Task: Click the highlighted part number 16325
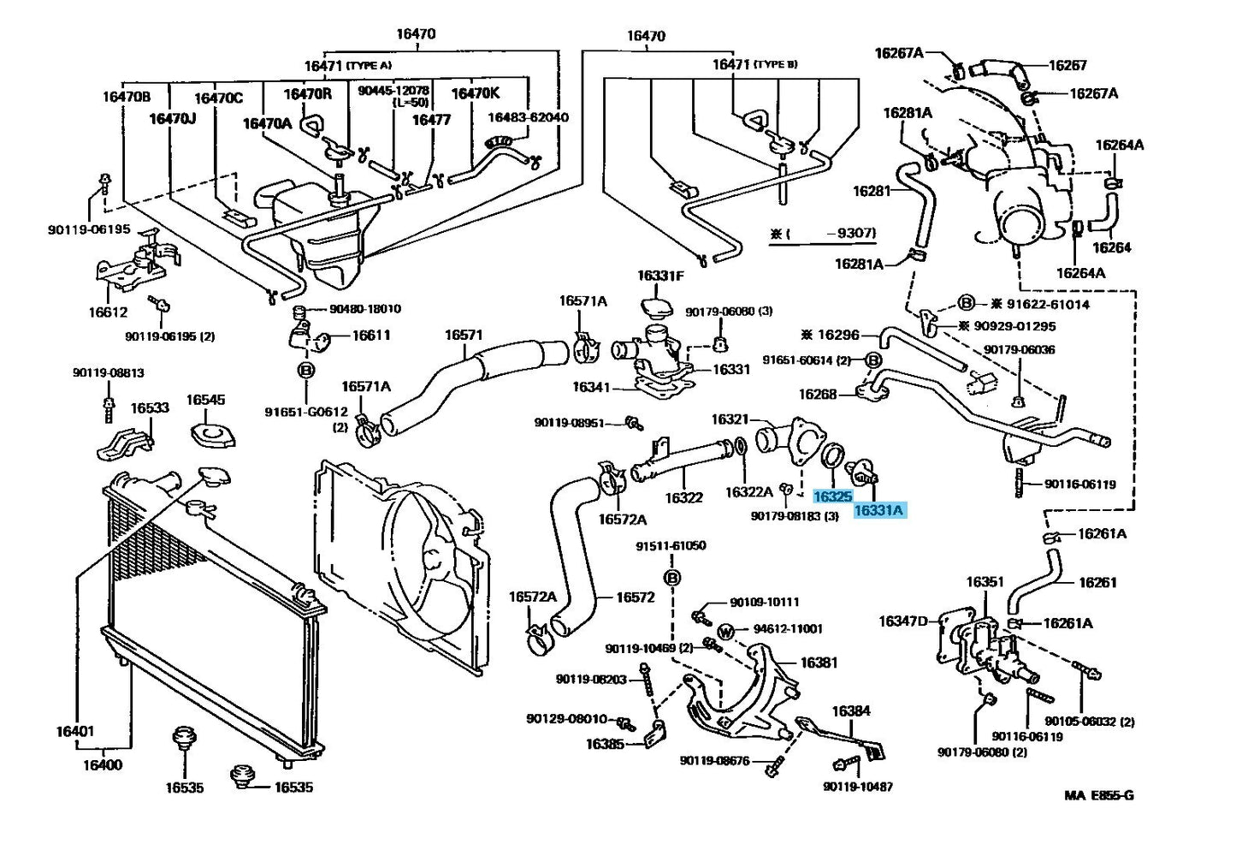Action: coord(831,496)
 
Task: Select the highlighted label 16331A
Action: coord(879,511)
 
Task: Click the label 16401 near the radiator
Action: coord(75,732)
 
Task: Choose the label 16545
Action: coord(205,400)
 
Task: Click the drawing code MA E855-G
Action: coord(1099,795)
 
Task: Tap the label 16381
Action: coord(819,663)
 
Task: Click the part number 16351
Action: coord(985,582)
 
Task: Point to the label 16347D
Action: coord(903,621)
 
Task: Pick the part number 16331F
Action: coord(659,276)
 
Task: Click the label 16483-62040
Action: coord(528,117)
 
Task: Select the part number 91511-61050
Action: coord(671,546)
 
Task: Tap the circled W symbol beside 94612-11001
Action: coord(725,632)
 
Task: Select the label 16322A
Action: coord(748,492)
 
